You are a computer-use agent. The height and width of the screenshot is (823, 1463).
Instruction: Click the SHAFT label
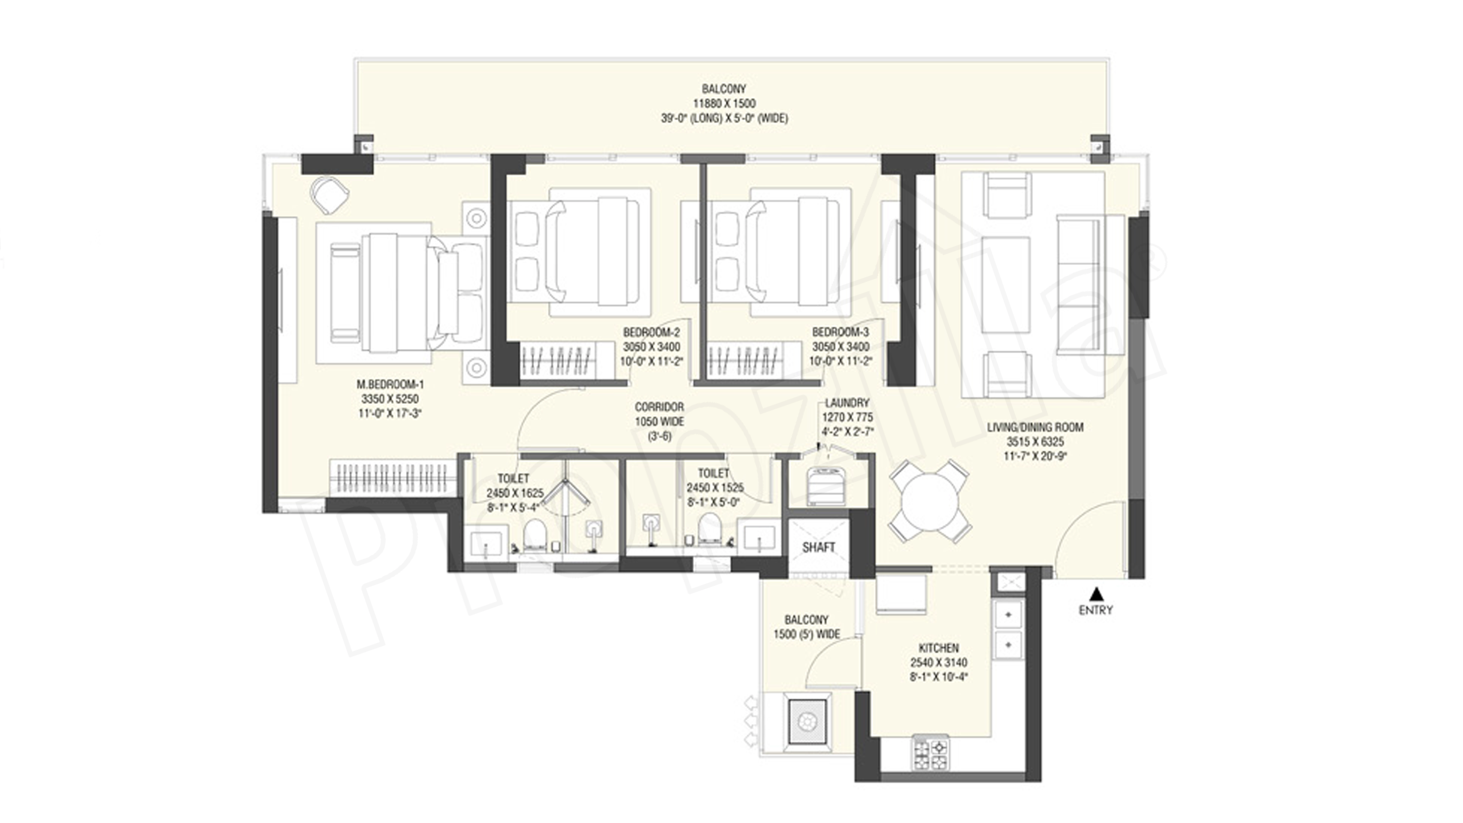[818, 548]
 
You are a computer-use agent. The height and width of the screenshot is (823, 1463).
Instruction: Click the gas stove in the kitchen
[930, 753]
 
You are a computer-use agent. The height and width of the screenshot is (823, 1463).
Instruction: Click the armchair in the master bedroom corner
[329, 194]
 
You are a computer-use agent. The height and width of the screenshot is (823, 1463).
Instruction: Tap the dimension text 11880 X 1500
[724, 103]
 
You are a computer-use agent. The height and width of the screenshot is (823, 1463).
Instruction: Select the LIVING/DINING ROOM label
[1035, 427]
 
